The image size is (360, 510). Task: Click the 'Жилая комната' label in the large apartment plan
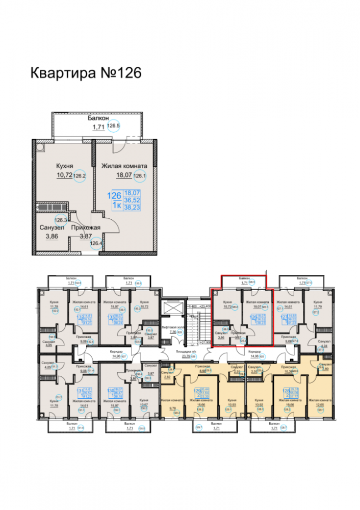tap(124, 166)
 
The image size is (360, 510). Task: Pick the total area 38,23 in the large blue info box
tap(133, 209)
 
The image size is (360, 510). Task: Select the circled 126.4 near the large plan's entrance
tap(96, 244)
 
